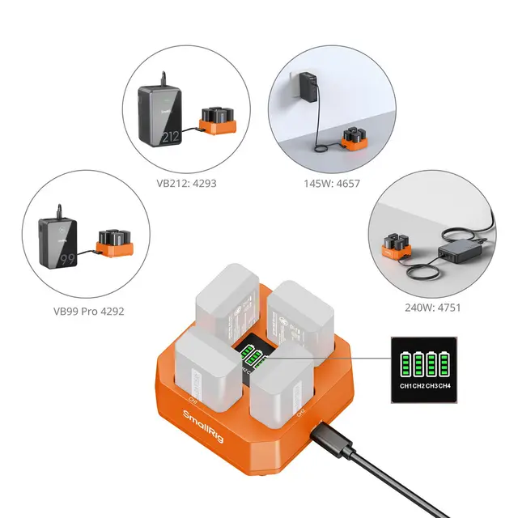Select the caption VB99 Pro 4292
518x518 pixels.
tap(89, 311)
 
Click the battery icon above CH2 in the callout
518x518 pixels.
tap(421, 363)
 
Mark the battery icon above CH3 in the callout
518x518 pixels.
tap(435, 363)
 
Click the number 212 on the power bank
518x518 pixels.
tap(169, 137)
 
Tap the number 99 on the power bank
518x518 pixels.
tap(66, 260)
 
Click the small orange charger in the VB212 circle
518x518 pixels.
tap(217, 122)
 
